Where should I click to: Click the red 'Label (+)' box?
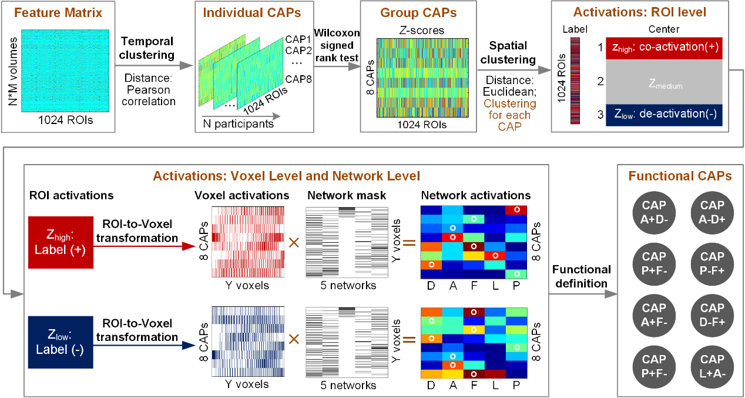(61, 243)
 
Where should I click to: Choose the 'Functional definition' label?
(581, 276)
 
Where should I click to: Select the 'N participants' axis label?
(238, 123)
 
